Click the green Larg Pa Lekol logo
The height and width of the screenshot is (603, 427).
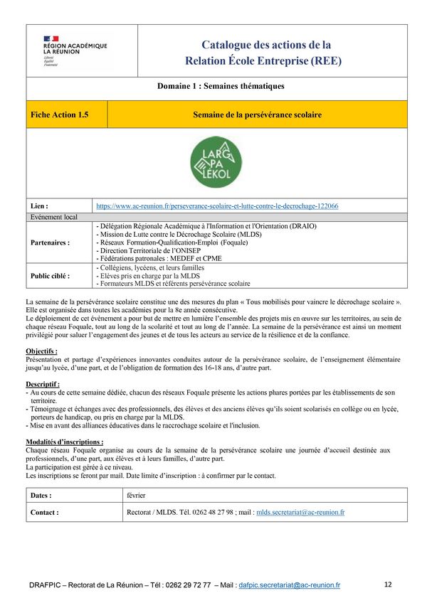click(216, 162)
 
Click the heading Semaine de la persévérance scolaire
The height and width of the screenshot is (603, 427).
click(257, 114)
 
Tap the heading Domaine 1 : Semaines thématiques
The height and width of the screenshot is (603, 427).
click(221, 86)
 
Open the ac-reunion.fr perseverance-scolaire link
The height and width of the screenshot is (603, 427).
click(217, 206)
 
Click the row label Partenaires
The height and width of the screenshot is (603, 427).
click(50, 242)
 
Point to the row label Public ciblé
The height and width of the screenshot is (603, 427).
click(51, 275)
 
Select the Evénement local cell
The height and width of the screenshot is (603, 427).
click(54, 217)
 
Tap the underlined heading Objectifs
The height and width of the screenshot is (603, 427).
click(41, 352)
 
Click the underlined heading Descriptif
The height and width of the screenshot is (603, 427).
click(42, 385)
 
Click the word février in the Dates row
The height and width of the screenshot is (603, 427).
click(136, 495)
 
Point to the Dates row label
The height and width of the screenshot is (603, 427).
click(41, 495)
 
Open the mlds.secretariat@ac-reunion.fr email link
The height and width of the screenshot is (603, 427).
click(300, 512)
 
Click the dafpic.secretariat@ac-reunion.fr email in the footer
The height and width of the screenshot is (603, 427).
click(290, 585)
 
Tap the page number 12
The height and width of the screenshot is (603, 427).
click(388, 585)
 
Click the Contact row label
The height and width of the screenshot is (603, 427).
click(44, 512)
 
